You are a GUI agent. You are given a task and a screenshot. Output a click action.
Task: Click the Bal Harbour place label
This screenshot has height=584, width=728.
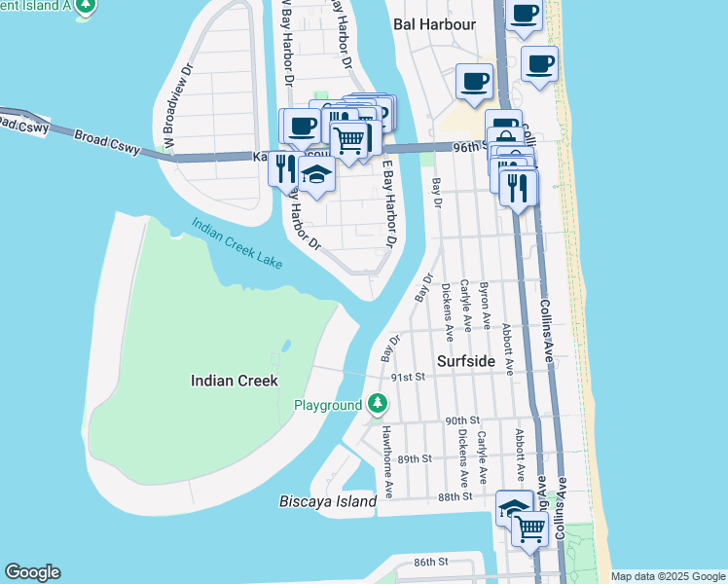[434, 23]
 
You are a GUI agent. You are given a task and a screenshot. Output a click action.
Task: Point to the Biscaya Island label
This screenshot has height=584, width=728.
[327, 501]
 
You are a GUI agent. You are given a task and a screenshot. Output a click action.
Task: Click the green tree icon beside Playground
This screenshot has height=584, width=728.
[377, 404]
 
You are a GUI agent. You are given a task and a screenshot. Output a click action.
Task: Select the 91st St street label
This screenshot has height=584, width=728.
[408, 376]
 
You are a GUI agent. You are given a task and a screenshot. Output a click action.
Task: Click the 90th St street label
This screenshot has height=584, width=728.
[462, 420]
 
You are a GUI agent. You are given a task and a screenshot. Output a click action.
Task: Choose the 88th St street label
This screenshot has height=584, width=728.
[455, 495]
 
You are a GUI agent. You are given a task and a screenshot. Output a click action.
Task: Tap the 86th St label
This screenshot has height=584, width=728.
[429, 562]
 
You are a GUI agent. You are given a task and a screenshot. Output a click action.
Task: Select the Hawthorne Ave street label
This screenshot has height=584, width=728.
[387, 461]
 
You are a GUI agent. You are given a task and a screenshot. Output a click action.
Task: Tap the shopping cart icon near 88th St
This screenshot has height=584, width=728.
[529, 529]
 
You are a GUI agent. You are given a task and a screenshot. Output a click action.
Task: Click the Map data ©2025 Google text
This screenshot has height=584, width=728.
[667, 576]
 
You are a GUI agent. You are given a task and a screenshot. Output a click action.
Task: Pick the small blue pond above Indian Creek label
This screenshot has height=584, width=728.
[286, 346]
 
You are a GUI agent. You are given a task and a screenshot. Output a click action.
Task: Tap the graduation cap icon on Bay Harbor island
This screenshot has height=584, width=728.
[315, 173]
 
